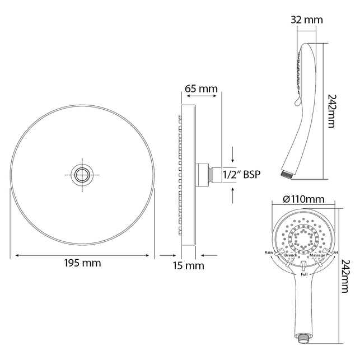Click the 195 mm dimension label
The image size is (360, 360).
point(82,263)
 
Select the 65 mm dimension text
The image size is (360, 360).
point(202,88)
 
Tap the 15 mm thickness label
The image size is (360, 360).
point(189,265)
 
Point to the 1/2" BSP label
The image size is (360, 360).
point(241,175)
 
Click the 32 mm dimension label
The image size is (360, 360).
point(307,20)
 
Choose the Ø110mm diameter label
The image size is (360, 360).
point(303,199)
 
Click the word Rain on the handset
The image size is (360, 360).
point(269,253)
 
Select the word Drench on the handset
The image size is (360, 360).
point(291,255)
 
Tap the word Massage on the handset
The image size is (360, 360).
point(317,255)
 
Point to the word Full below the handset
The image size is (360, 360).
point(304,274)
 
